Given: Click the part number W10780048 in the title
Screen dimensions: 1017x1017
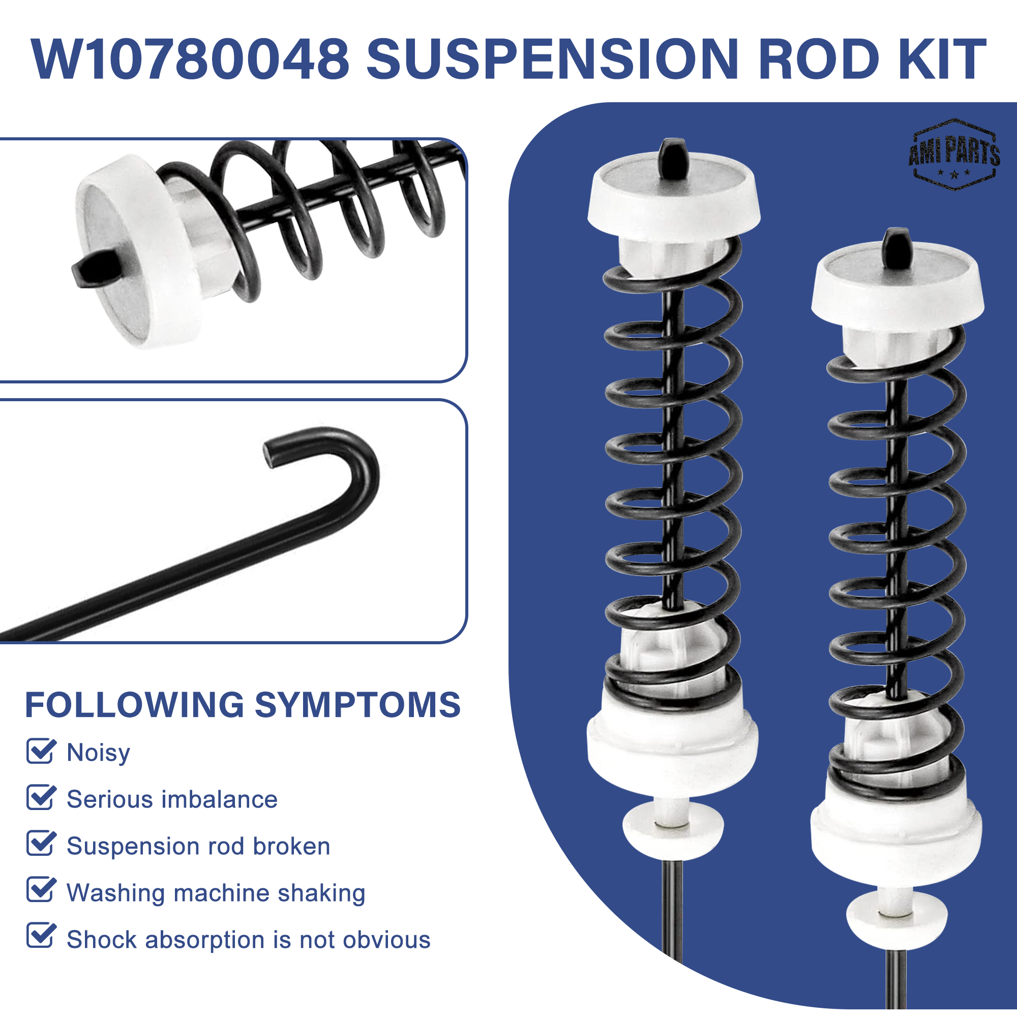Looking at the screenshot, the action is coord(190,59).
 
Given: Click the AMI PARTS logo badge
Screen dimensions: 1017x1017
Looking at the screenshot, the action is coord(954,154).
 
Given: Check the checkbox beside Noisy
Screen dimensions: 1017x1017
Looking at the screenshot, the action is coord(41,751).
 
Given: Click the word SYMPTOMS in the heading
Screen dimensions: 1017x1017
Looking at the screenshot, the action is coord(358,705).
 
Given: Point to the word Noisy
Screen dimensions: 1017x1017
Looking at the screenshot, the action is coord(99,753).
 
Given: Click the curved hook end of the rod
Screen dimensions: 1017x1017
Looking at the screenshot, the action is coord(337,463).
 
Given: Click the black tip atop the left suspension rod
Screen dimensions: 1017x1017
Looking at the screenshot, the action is coord(674,157).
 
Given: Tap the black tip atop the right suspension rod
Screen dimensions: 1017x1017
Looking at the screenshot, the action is coord(897,246).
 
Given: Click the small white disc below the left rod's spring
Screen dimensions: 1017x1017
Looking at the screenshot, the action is coord(673,825).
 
